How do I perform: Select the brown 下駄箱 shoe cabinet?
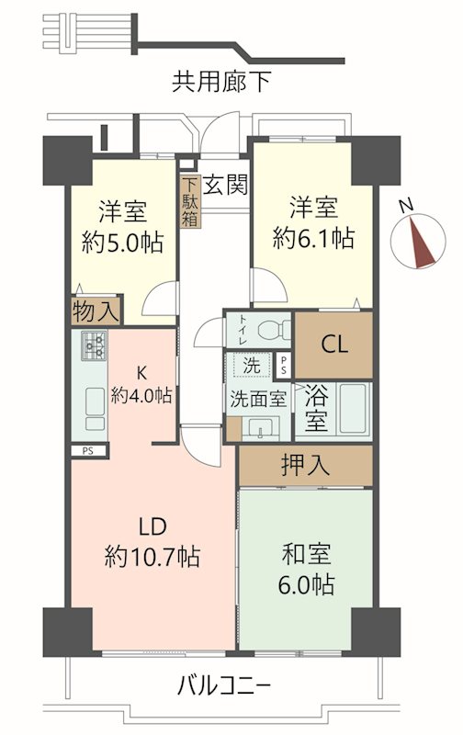pyautogui.click(x=189, y=201)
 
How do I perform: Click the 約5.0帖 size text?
pyautogui.click(x=121, y=243)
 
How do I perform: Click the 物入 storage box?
pyautogui.click(x=96, y=311)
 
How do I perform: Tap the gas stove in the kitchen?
pyautogui.click(x=95, y=345)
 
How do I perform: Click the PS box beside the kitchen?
pyautogui.click(x=88, y=450)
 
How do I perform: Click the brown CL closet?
pyautogui.click(x=333, y=345)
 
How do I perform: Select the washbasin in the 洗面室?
pyautogui.click(x=260, y=427)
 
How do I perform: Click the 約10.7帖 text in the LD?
pyautogui.click(x=153, y=556)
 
